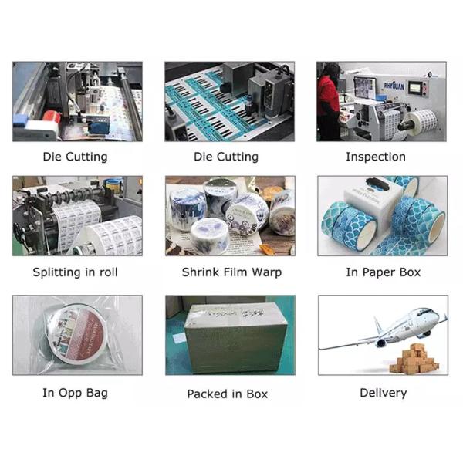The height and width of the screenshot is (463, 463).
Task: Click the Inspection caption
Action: [x=376, y=157]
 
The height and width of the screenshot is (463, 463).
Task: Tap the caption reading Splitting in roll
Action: [x=75, y=272]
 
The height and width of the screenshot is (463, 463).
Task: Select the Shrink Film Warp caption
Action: [x=231, y=272]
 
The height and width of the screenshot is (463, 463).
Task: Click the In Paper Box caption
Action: [x=384, y=272]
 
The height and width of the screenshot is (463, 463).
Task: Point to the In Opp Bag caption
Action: [x=75, y=393]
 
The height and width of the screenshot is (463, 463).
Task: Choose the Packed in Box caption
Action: [x=228, y=394]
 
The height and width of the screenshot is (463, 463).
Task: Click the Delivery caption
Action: [x=384, y=393]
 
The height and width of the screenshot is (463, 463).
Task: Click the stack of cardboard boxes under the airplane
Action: [x=414, y=359]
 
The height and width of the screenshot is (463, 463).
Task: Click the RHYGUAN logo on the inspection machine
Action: [x=394, y=86]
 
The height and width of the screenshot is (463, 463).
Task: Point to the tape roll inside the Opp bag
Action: [x=76, y=333]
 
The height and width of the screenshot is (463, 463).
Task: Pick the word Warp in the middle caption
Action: [x=266, y=272]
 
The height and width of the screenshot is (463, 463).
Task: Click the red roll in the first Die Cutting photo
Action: [x=52, y=117]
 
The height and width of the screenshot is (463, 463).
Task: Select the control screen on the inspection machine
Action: [x=416, y=88]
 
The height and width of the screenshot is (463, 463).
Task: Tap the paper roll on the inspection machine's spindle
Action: [x=421, y=120]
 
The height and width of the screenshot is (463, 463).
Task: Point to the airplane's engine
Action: [x=380, y=343]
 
